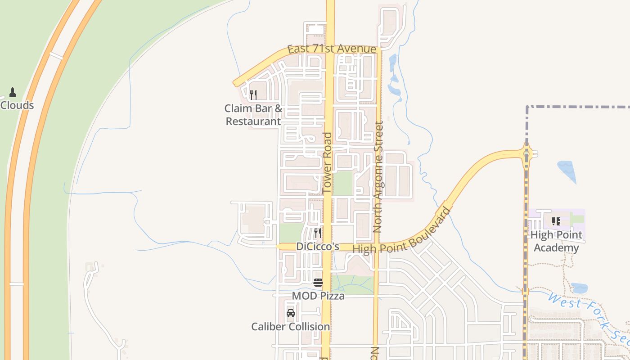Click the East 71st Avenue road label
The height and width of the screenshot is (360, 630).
(332, 49)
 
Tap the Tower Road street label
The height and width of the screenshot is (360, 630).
(327, 163)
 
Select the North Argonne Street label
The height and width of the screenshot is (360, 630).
(378, 176)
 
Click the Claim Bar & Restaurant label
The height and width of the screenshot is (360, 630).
(253, 115)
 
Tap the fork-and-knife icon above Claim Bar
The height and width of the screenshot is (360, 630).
(253, 94)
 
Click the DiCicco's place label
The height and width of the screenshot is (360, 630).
(317, 247)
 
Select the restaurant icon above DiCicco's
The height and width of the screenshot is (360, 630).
(317, 233)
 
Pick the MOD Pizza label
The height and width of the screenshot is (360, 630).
(318, 296)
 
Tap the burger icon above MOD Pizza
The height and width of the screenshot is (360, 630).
(318, 283)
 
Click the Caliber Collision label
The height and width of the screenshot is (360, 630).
(291, 326)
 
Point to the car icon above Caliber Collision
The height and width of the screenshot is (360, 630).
(291, 313)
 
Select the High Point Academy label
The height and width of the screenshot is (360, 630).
(556, 241)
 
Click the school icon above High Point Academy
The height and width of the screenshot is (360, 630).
(556, 221)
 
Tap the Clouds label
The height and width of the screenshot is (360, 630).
(17, 105)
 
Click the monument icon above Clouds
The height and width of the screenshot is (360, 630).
(13, 92)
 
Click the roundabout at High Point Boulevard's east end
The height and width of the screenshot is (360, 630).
(526, 154)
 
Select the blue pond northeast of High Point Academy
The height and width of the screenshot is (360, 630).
(567, 171)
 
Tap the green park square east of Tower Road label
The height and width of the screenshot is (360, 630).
(343, 183)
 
